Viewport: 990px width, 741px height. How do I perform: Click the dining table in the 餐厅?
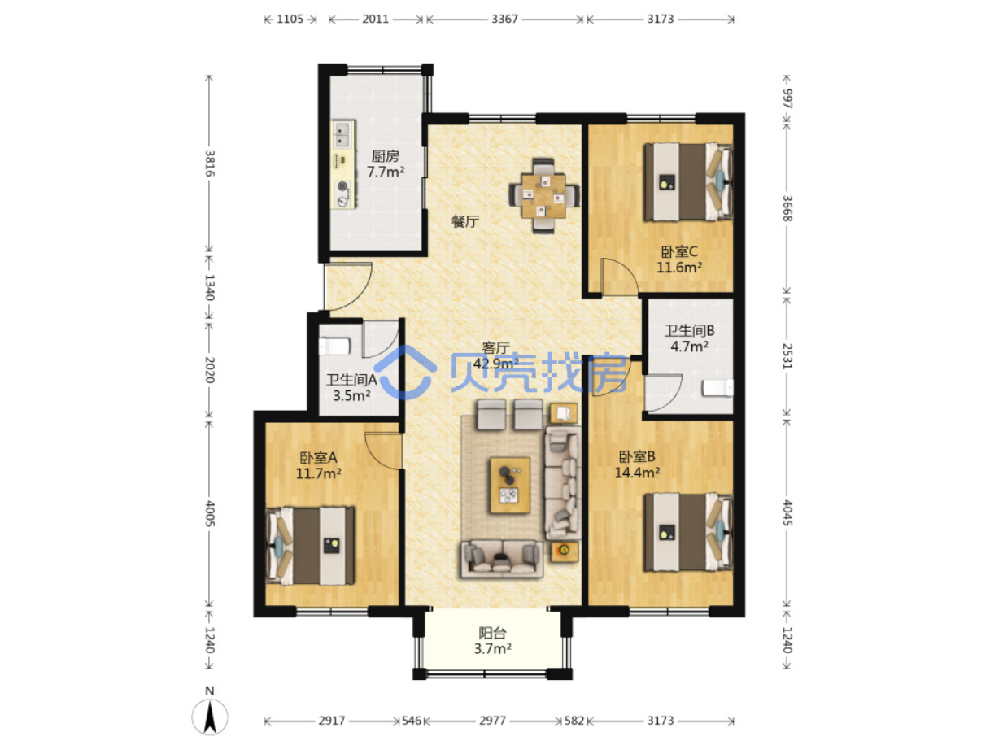[543, 195]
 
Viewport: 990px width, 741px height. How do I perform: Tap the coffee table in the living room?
[510, 485]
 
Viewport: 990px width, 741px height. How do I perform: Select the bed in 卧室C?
[687, 181]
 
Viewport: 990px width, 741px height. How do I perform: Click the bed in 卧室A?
[310, 546]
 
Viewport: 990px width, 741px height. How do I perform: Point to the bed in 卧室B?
[687, 532]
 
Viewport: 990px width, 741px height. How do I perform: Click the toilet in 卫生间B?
[717, 388]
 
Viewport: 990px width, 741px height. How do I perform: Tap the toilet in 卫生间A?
[334, 347]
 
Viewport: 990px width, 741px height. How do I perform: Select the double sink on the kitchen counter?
[344, 134]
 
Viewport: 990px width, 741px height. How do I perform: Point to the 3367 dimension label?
[504, 19]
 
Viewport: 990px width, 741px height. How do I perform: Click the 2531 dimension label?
[787, 356]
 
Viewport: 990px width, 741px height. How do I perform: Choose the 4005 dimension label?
[210, 513]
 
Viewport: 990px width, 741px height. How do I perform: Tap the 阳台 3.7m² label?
[492, 641]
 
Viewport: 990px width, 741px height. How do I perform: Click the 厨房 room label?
[385, 156]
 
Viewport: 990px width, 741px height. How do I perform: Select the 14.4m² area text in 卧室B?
[637, 473]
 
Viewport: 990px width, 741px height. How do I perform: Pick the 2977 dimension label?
[492, 721]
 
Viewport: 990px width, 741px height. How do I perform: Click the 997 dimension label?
[787, 98]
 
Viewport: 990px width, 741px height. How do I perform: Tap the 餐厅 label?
[465, 221]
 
